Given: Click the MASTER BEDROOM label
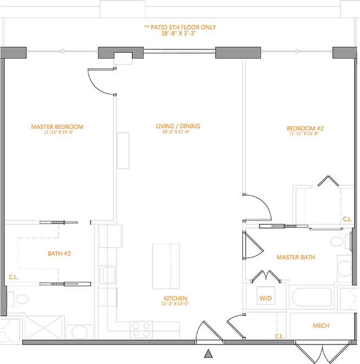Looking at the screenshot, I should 57,127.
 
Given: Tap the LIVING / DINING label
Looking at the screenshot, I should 178,126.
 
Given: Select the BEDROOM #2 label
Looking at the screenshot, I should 305,128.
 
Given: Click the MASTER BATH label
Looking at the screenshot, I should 295,257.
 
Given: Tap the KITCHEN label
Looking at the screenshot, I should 176,298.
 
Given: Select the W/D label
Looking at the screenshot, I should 266,298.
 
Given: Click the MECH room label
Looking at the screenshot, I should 320,326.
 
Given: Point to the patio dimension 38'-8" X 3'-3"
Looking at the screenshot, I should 179,33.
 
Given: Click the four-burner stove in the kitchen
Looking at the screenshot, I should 141,327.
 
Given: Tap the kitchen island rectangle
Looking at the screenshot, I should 166,261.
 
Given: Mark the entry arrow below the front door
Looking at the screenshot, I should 208,354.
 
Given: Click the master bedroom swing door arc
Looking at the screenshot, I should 101,83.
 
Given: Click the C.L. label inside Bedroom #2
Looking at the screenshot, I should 347,219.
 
